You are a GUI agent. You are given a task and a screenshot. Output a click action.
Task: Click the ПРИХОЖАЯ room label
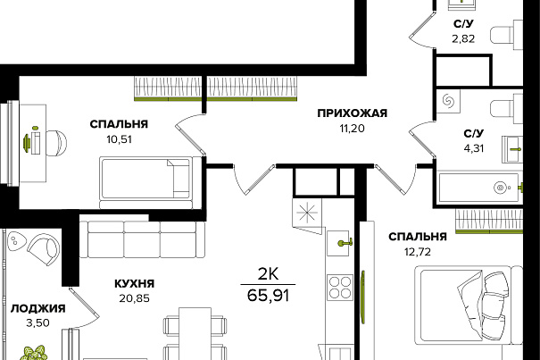click(353, 113)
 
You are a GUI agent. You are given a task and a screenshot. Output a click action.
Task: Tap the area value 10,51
click(120, 139)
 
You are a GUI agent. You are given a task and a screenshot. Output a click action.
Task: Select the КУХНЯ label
click(134, 284)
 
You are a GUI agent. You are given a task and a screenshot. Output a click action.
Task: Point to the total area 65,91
click(268, 295)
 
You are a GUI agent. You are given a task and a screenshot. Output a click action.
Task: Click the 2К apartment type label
click(269, 274)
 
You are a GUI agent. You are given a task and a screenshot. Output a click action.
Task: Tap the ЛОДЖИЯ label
click(37, 308)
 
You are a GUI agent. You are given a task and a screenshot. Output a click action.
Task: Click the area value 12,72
click(418, 252)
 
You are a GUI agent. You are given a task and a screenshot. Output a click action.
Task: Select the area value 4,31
click(474, 148)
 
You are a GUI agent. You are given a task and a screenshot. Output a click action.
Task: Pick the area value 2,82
click(463, 38)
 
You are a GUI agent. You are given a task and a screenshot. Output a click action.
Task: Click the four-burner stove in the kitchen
click(340, 287)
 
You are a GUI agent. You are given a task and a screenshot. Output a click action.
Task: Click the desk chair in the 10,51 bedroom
click(56, 143)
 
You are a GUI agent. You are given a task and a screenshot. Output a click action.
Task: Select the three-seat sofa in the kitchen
click(142, 239)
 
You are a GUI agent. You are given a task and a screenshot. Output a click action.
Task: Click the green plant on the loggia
click(35, 353)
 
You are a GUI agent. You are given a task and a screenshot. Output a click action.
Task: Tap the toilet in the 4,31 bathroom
click(506, 109)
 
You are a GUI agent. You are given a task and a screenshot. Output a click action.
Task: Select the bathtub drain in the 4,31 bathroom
click(499, 188)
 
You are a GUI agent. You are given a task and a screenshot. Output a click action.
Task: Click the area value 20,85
click(134, 298)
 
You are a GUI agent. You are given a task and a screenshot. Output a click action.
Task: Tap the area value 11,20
click(352, 129)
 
